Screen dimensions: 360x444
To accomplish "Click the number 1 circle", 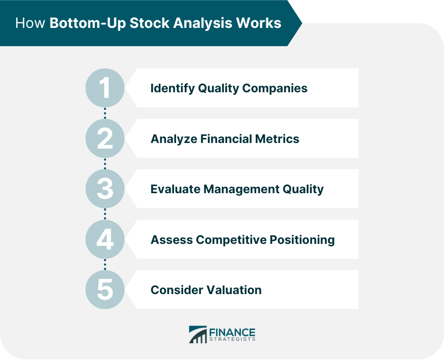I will click(x=105, y=88).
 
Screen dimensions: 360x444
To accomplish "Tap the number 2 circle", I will click(x=105, y=138).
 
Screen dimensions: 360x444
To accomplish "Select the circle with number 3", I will click(x=105, y=189).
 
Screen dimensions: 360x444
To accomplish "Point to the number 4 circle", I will click(x=105, y=239).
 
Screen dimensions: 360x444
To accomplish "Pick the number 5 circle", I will click(x=105, y=290).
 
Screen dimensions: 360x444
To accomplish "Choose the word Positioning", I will click(x=304, y=239).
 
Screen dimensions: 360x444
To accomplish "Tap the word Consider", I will click(x=176, y=290).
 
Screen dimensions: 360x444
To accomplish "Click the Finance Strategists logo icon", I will click(x=197, y=335).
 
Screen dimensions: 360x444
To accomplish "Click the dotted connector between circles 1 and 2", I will click(x=105, y=113).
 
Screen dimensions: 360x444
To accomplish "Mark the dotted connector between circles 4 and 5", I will click(x=105, y=264).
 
